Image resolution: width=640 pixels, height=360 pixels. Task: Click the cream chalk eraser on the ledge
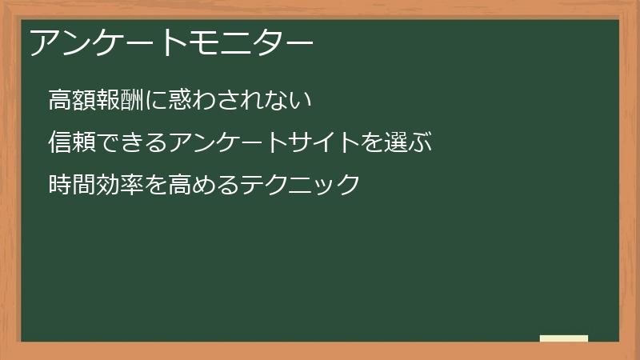[564, 338]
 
